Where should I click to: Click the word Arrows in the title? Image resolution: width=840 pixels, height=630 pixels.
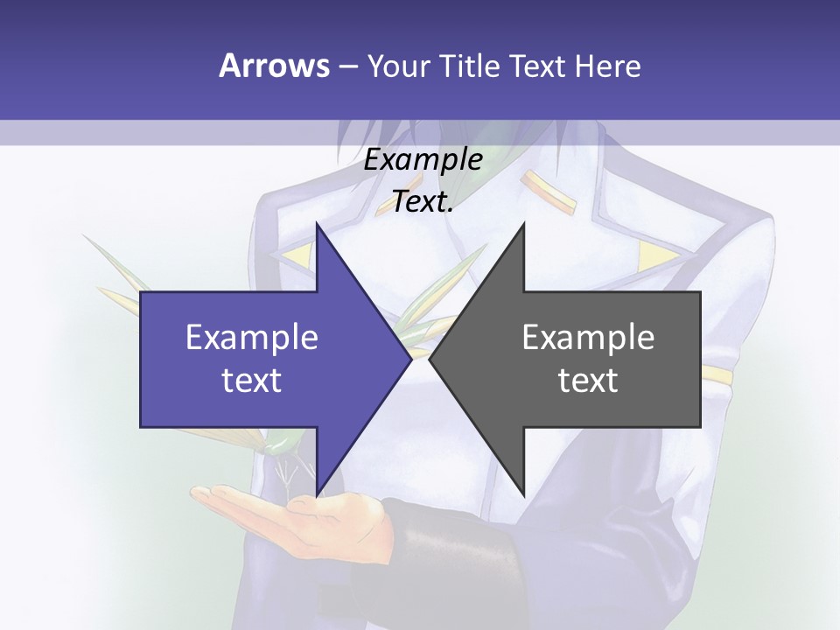[274, 66]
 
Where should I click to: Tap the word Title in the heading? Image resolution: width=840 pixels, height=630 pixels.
[471, 66]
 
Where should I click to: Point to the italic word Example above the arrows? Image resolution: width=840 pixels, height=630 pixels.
[423, 160]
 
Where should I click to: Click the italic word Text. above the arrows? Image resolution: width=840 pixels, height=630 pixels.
[423, 202]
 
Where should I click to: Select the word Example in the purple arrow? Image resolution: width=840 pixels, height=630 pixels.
[252, 338]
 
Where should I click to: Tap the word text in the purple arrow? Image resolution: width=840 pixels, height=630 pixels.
[252, 381]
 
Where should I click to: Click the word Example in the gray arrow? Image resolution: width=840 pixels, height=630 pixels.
[588, 338]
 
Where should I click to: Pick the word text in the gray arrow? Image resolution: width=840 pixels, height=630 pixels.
[588, 381]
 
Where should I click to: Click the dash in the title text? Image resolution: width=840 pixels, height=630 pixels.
[347, 66]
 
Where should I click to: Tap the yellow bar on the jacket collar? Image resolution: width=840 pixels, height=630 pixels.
[549, 191]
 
